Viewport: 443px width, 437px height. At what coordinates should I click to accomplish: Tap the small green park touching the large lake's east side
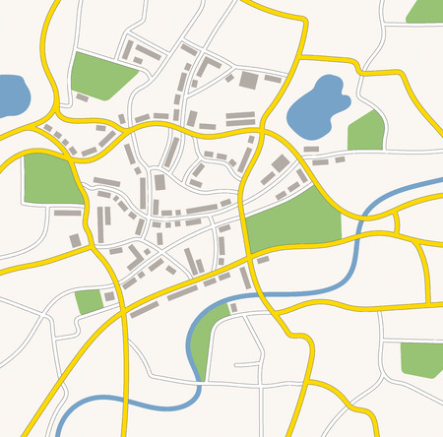[365, 130]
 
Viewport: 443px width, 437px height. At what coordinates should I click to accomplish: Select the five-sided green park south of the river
[421, 359]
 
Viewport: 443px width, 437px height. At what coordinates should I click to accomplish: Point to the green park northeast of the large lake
[424, 10]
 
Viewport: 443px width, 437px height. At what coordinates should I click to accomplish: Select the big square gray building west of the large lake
[249, 80]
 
